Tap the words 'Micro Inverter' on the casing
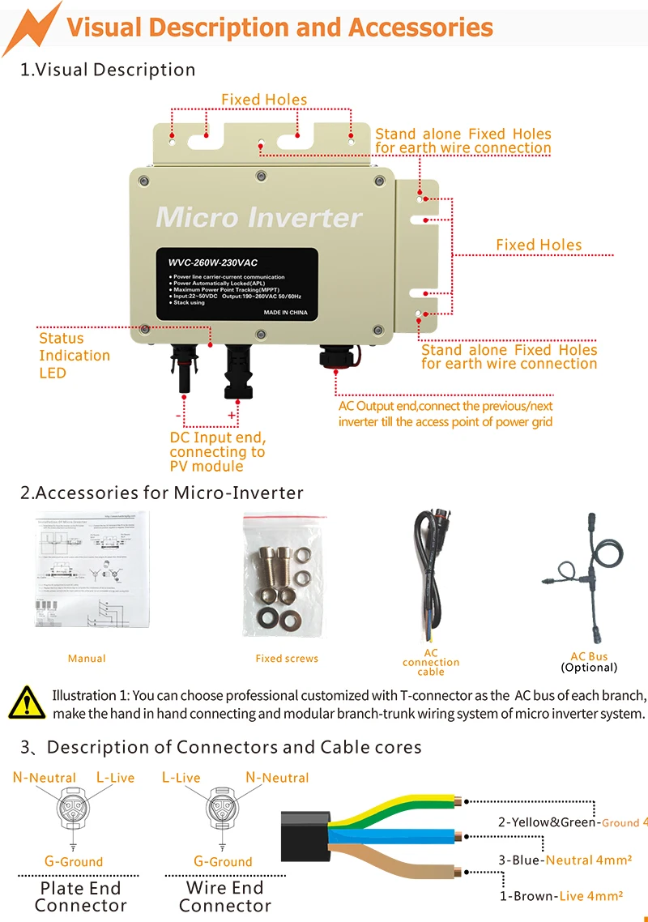point(258,217)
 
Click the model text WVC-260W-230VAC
point(207,263)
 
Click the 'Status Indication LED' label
point(74,356)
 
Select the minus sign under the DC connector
point(178,415)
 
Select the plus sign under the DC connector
point(232,415)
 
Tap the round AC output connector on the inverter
point(333,356)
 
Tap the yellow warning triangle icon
point(27,702)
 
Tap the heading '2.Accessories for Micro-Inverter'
point(162,493)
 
